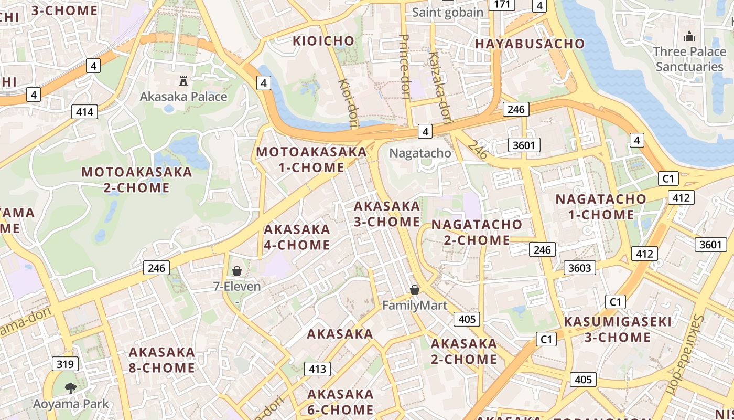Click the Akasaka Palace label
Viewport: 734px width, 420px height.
pyautogui.click(x=183, y=97)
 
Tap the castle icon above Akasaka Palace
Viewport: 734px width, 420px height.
pyautogui.click(x=183, y=81)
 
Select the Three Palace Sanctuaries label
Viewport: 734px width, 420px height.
pyautogui.click(x=689, y=59)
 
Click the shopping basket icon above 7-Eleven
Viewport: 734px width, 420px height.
pyautogui.click(x=237, y=271)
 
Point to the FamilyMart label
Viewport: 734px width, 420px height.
pyautogui.click(x=415, y=306)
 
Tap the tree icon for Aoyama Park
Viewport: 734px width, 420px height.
pyautogui.click(x=71, y=388)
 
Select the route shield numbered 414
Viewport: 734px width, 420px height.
pyautogui.click(x=84, y=111)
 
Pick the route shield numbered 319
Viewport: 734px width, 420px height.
pyautogui.click(x=65, y=364)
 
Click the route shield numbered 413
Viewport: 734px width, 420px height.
pyautogui.click(x=318, y=369)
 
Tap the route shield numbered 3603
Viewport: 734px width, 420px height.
pyautogui.click(x=580, y=268)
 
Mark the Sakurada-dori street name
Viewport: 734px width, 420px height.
pyautogui.click(x=683, y=355)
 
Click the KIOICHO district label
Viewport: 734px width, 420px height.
pyautogui.click(x=323, y=40)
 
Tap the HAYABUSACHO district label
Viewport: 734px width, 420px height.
pyautogui.click(x=530, y=44)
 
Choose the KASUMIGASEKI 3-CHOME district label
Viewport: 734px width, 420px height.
pyautogui.click(x=618, y=329)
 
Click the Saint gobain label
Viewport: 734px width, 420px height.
pyautogui.click(x=448, y=12)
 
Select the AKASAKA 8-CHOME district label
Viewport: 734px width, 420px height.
pyautogui.click(x=161, y=360)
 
